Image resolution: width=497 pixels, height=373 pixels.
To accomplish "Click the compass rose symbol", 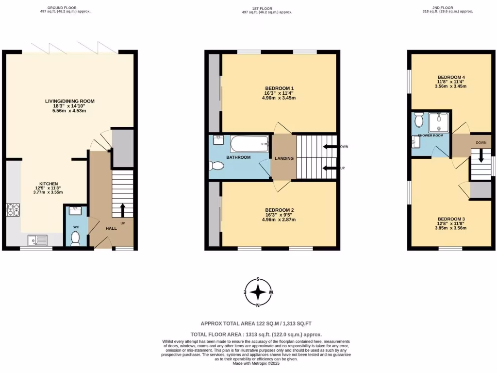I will [x=259, y=292].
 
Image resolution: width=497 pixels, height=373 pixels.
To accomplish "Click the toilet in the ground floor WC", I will [x=75, y=238].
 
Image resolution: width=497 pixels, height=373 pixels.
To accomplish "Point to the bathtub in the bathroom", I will [x=249, y=143].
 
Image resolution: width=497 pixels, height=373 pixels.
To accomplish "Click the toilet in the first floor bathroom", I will [x=216, y=166].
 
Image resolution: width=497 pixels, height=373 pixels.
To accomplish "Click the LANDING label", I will [x=283, y=158].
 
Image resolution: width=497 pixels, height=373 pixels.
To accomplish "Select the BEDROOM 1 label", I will [x=279, y=88].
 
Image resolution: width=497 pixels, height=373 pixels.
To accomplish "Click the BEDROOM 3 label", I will [x=451, y=219].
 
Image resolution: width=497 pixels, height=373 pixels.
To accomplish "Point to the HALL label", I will [x=111, y=228].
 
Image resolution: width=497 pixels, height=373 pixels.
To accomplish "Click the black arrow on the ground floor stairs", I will [x=122, y=209].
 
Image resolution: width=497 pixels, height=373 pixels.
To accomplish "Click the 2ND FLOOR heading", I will [x=447, y=7].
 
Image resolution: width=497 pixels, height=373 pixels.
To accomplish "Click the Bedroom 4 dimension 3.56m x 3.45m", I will [x=451, y=86].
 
